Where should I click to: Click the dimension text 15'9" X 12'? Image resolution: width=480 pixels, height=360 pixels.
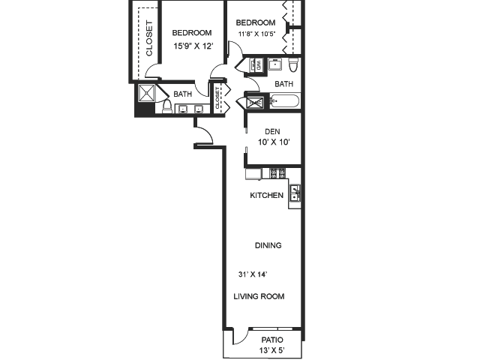(x=192, y=46)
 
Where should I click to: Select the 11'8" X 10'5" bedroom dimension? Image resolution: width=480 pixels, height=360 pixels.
(x=256, y=34)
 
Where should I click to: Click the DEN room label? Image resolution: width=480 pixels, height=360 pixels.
(x=272, y=131)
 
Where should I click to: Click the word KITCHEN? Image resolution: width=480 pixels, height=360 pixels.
(x=266, y=196)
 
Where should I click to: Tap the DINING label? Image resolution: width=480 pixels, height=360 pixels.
(x=268, y=245)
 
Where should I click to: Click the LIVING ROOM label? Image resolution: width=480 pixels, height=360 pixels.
(x=259, y=296)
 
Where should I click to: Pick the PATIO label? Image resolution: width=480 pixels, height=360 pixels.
(x=271, y=340)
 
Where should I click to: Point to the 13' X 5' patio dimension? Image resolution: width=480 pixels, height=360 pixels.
(x=271, y=350)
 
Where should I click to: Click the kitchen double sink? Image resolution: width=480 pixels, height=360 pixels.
(x=295, y=193)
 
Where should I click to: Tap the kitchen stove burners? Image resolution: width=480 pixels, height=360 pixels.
(x=277, y=173)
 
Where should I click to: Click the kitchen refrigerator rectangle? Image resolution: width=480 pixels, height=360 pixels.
(x=253, y=173)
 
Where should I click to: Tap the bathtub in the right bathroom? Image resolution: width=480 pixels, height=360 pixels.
(x=283, y=100)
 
